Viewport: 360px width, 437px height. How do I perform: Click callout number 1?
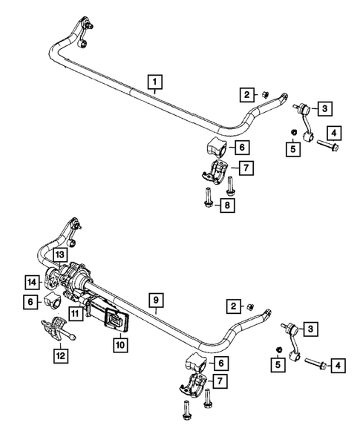(154, 82)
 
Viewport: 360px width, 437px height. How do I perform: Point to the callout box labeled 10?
(120, 344)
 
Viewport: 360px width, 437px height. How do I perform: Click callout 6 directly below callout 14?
(30, 301)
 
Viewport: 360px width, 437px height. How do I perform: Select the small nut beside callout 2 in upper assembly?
(265, 95)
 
